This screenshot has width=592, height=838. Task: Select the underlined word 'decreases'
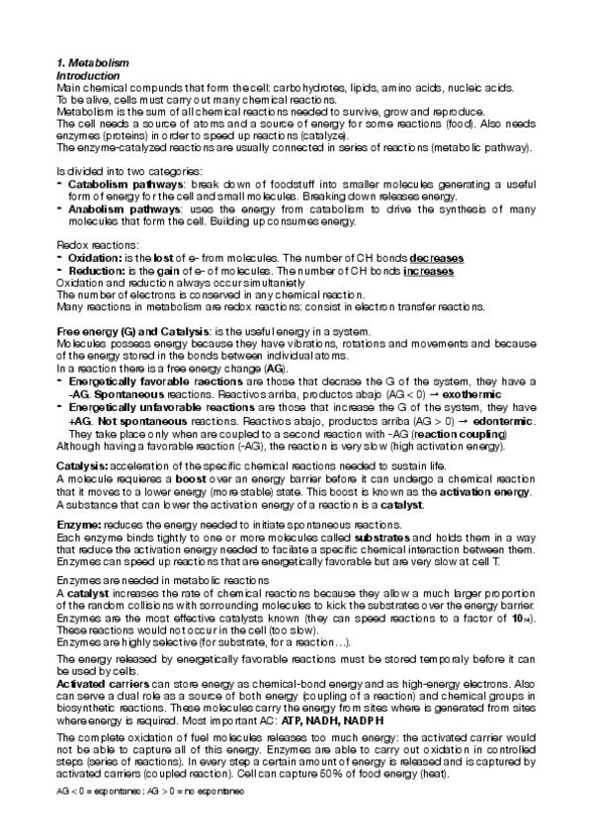(437, 258)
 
